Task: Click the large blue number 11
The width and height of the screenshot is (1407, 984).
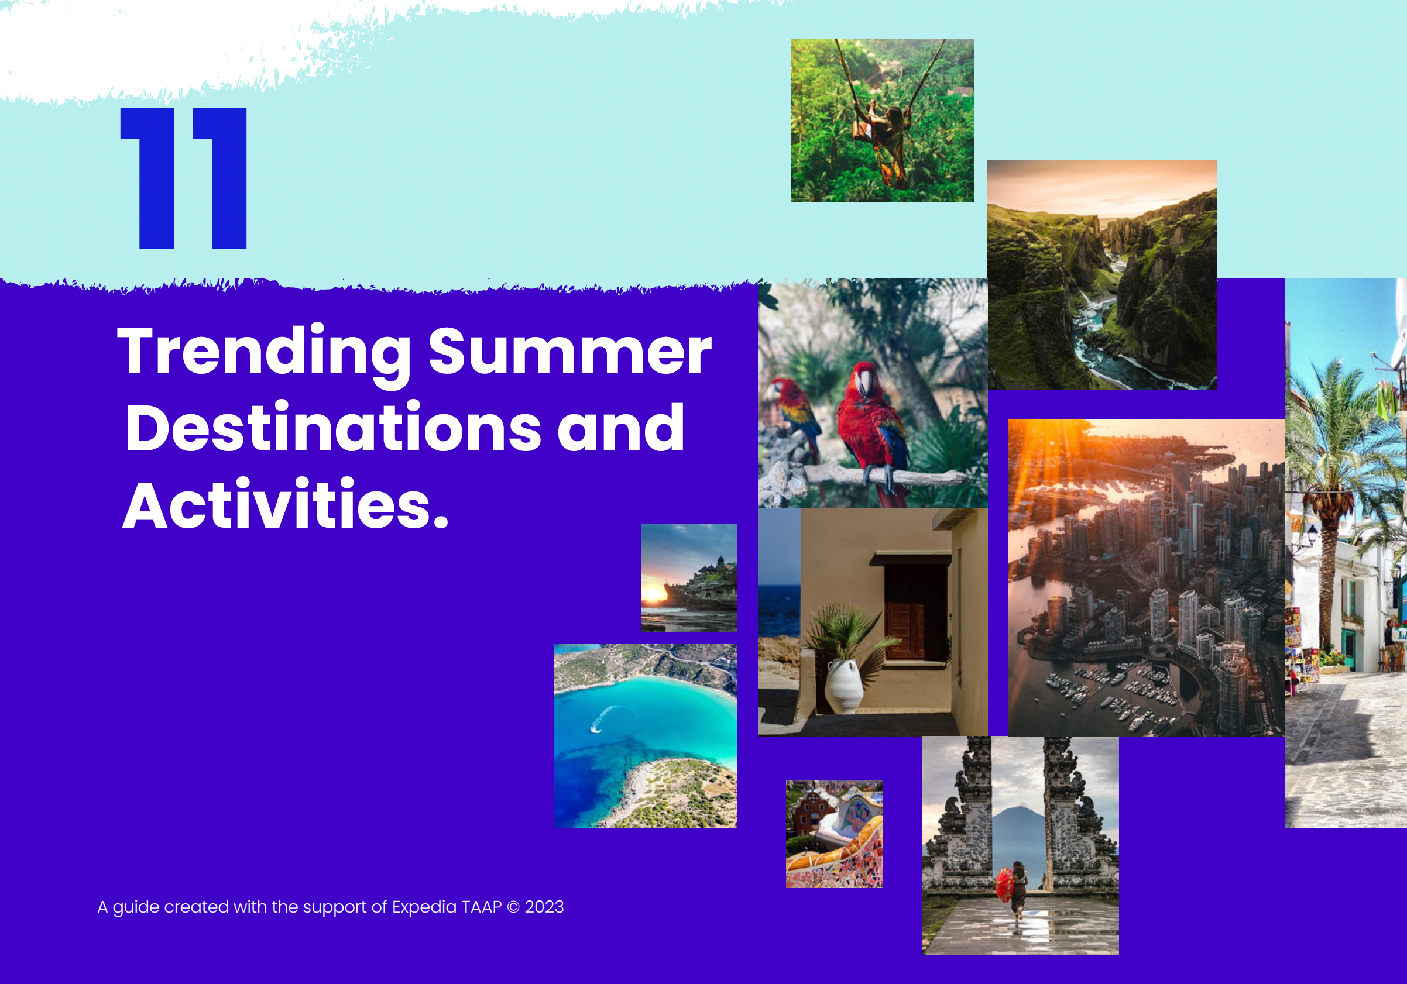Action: (x=184, y=178)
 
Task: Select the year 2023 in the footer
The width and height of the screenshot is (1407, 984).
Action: (x=544, y=907)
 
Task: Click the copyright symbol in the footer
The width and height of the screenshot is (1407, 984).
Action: (x=513, y=907)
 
